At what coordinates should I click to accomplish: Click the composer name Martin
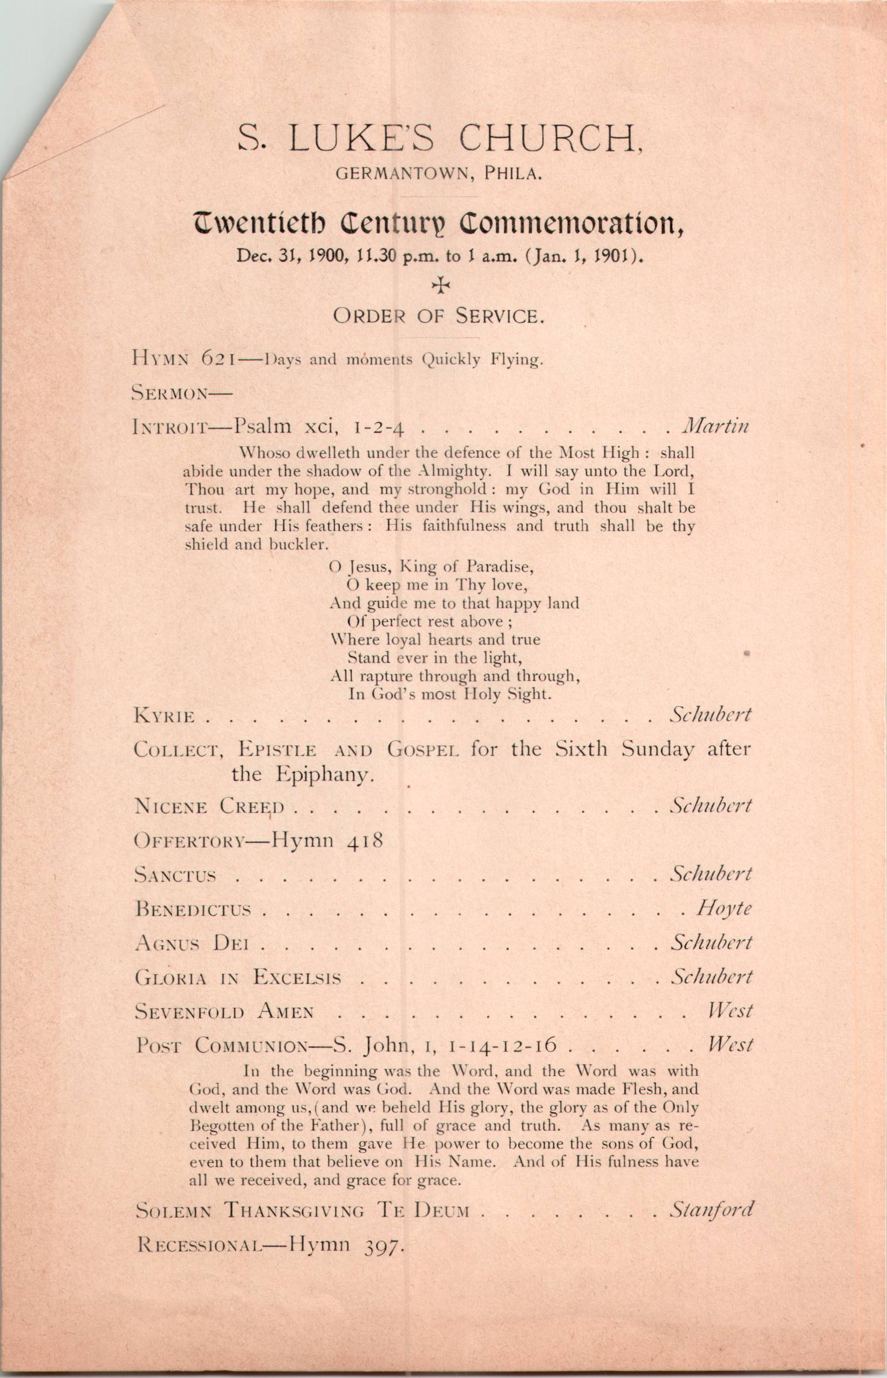pos(715,427)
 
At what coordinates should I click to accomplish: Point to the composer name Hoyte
pos(725,908)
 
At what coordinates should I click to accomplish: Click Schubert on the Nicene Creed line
pos(711,805)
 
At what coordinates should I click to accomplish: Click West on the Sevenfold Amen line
pos(731,1010)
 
